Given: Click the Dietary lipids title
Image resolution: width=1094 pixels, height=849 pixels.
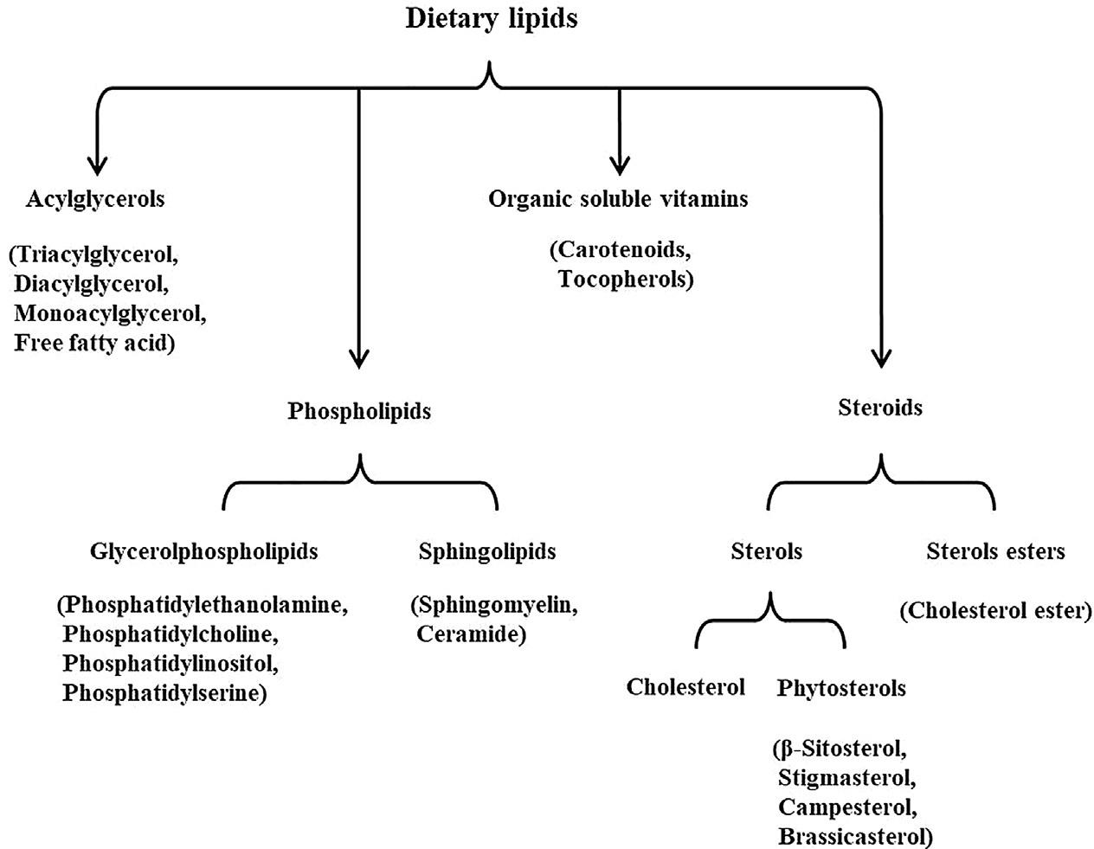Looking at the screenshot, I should (x=491, y=19).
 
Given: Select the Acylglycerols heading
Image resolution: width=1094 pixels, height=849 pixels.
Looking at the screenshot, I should (x=95, y=199).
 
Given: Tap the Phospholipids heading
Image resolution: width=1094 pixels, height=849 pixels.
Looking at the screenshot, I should (x=359, y=410).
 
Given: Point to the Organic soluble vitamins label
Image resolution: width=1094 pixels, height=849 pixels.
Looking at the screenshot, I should (x=618, y=199).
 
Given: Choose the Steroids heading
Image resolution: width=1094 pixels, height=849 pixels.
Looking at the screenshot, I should (x=880, y=407).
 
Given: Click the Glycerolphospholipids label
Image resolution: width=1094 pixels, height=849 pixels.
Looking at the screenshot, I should (x=203, y=551).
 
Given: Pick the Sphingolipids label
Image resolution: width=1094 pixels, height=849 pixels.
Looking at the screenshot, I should (x=487, y=551).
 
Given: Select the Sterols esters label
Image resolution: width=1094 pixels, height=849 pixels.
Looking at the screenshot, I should (x=995, y=551).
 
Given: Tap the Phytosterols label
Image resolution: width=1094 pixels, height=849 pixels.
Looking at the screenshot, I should (x=841, y=688).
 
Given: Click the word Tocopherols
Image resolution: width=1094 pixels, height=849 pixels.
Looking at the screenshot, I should (x=625, y=280).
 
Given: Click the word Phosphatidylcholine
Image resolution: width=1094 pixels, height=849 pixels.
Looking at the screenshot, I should (x=171, y=634).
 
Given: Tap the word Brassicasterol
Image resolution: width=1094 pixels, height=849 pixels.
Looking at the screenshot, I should (x=853, y=836).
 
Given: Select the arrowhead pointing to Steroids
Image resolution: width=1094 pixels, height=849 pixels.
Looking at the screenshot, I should (x=881, y=357).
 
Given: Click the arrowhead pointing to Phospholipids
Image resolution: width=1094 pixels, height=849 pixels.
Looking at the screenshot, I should (x=359, y=357).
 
